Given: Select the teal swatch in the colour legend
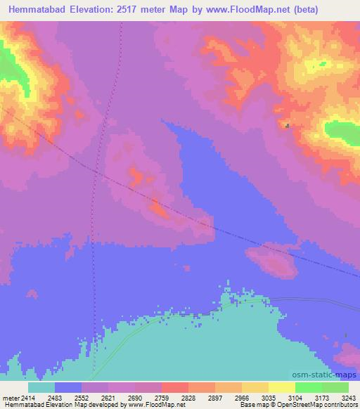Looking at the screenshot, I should coord(41,387).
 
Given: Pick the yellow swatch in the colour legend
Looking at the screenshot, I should coord(282,387).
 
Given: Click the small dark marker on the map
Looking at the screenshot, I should coord(287,126).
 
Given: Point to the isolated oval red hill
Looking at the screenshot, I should coord(274,263).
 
